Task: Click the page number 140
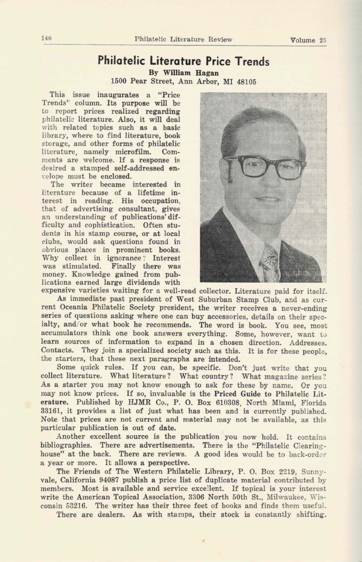(x=46, y=38)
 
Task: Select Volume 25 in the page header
(x=308, y=40)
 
